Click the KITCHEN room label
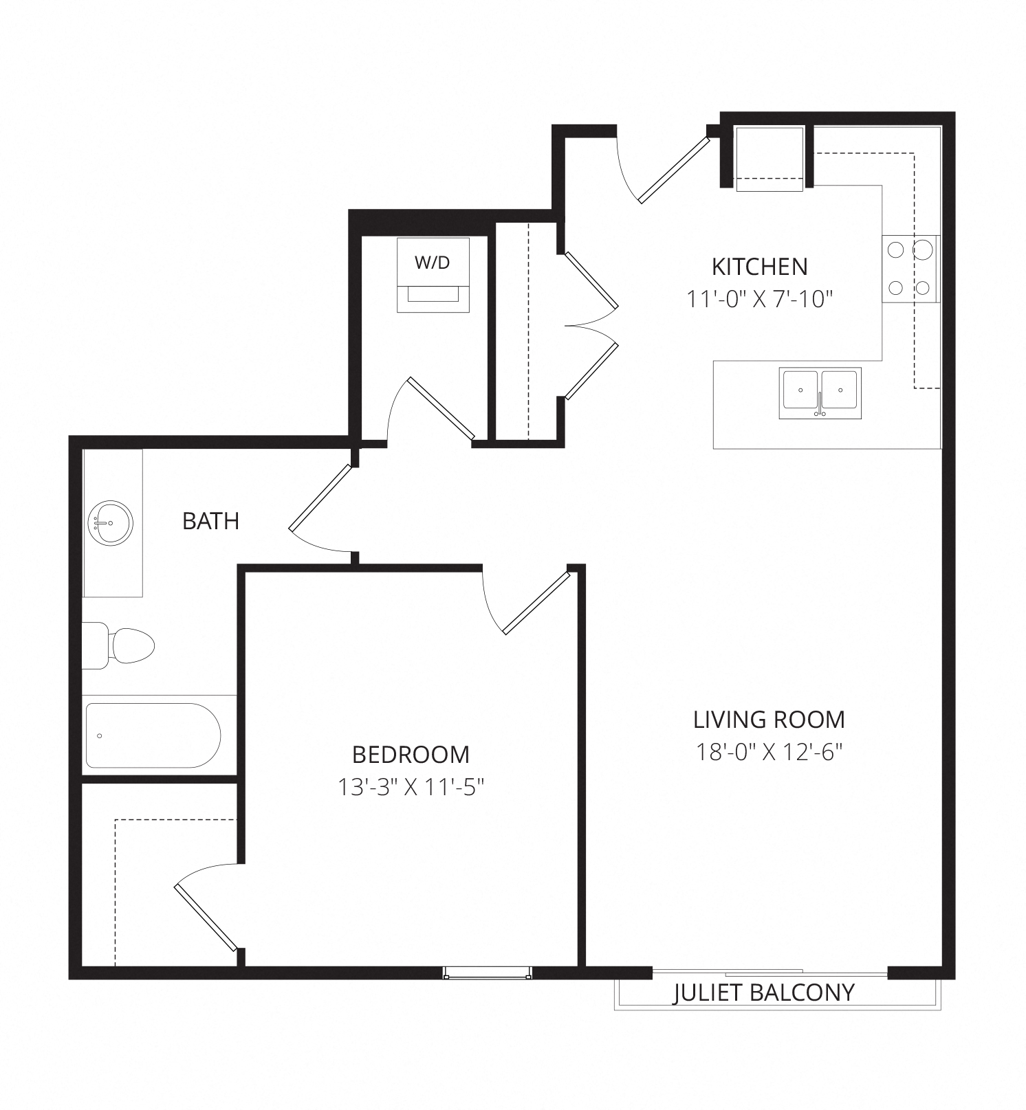759,266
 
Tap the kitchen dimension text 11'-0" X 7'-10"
759,299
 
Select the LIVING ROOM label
769,720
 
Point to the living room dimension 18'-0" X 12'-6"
769,752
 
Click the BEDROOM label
411,755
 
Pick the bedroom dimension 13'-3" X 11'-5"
411,787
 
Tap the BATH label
210,521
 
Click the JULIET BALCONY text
763,992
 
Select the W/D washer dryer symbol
433,275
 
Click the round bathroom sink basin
110,524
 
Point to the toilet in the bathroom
118,645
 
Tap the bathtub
152,735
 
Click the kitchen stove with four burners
910,269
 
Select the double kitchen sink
820,393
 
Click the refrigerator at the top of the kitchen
769,159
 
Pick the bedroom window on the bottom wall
488,973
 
